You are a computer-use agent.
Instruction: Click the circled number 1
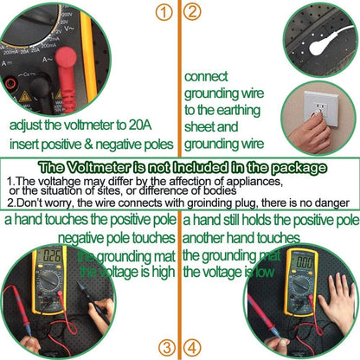coord(162,12)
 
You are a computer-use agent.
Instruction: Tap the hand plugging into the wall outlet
coord(311,134)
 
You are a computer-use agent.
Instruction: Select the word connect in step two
coord(208,76)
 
